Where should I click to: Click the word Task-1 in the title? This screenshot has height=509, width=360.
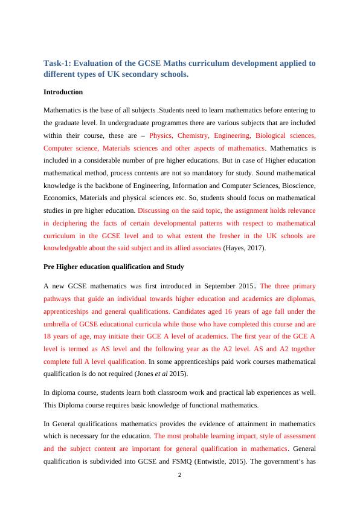[59, 63]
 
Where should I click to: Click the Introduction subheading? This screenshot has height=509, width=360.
[63, 92]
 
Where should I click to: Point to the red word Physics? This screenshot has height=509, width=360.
[162, 136]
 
